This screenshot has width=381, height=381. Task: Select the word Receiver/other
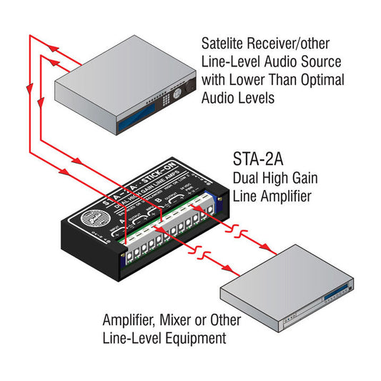[x=285, y=44]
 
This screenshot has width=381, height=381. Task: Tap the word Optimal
[x=322, y=79]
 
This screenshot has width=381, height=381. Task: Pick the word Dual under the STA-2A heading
[x=247, y=177]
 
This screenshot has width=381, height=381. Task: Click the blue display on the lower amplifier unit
[x=342, y=289]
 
